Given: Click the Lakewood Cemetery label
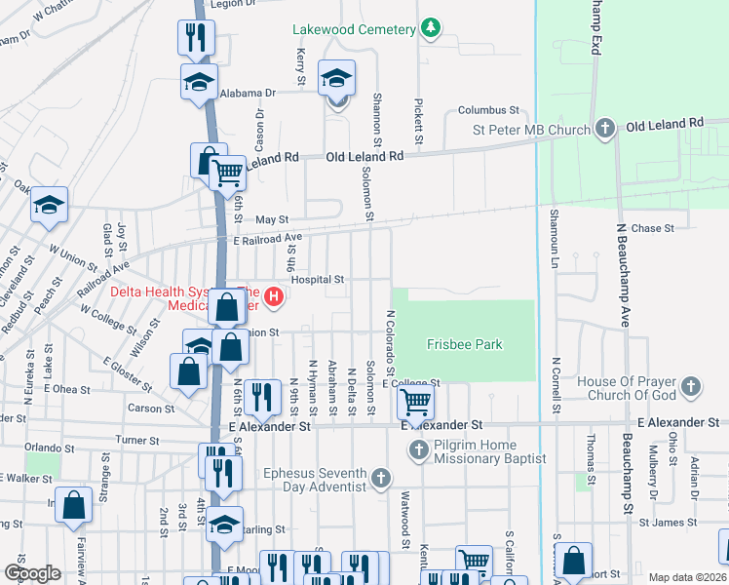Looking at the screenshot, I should pos(354,29).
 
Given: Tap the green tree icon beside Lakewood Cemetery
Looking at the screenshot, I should pos(430,28).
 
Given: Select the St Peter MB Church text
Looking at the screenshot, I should pos(531,130).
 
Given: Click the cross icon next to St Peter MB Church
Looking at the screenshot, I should pos(605,128).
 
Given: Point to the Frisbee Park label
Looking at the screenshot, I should pos(464,344).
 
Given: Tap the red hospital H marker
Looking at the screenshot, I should pos(274,297).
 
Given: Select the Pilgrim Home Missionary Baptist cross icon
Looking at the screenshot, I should pos(419,449).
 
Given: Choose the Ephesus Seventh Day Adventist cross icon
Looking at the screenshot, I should pos(381,478).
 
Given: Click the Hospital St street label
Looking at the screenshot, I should pos(318,279).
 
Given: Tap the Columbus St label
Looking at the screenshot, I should pos(489,111).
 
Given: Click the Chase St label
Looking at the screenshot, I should pos(653,228).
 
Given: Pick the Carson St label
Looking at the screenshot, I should pos(151,409).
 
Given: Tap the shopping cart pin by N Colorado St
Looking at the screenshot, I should pos(416,401).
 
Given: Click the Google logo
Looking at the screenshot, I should pos(32,573).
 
